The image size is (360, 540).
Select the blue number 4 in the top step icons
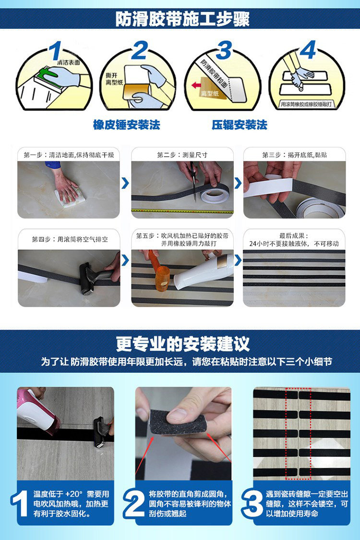(x=308, y=49)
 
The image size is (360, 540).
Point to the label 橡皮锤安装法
(x=126, y=125)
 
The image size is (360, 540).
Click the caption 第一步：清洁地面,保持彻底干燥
(x=69, y=155)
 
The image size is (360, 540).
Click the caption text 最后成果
(x=294, y=236)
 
